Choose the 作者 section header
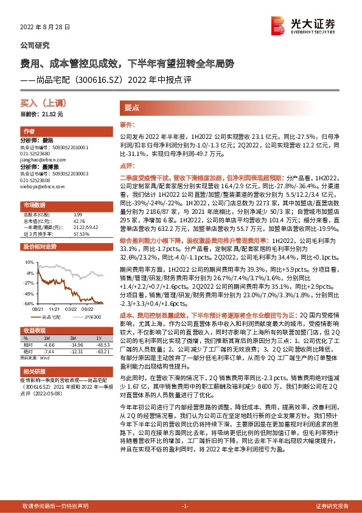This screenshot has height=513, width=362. point(29,131)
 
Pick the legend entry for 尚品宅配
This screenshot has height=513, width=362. point(53,317)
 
